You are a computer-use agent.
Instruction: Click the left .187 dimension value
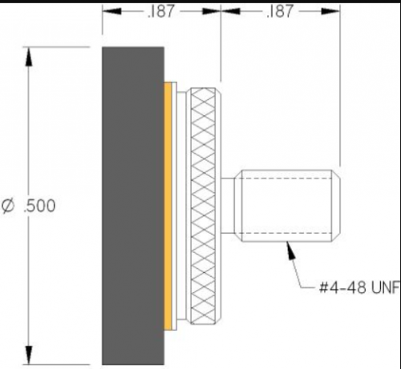click(x=161, y=13)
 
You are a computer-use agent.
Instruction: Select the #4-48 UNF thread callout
click(x=347, y=287)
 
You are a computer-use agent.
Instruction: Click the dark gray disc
click(x=132, y=204)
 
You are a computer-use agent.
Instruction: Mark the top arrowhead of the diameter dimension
click(x=30, y=56)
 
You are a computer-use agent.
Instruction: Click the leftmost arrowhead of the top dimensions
click(x=109, y=13)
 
